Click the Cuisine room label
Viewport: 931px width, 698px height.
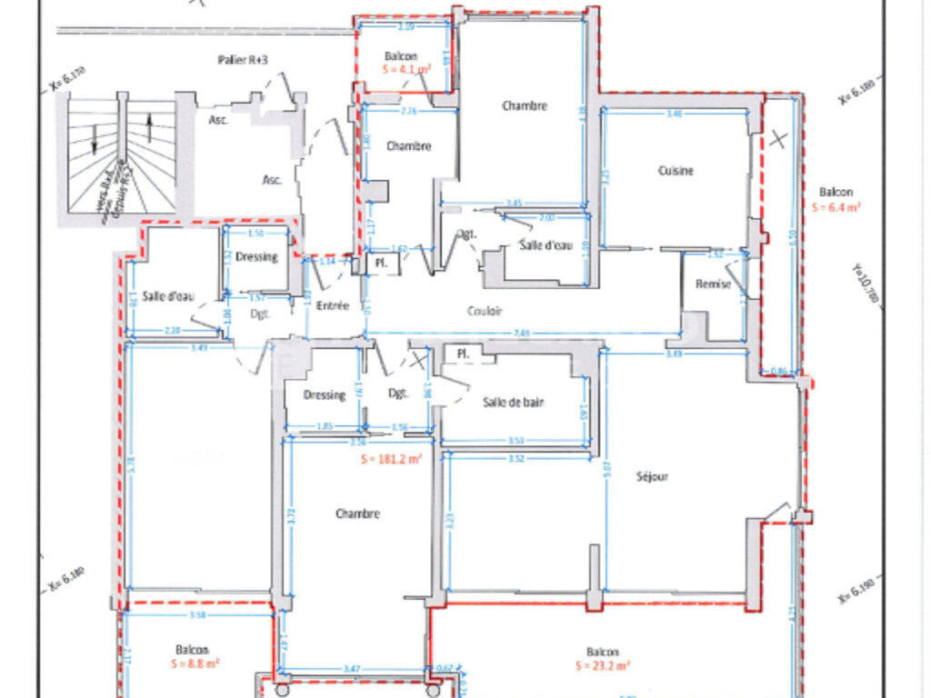(676, 171)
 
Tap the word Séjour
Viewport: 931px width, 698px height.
(652, 476)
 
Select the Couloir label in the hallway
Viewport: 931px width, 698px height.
(485, 310)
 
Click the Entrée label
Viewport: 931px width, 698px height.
(332, 306)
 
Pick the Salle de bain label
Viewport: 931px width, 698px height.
(514, 403)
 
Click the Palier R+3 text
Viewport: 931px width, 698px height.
(242, 60)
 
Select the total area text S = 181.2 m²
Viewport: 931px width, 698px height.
(392, 460)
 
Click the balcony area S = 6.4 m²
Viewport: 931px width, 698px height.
(836, 206)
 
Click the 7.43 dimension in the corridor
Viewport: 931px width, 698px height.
(521, 333)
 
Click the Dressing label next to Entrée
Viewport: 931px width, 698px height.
(255, 256)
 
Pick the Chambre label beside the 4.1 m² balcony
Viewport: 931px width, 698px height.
(408, 146)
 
